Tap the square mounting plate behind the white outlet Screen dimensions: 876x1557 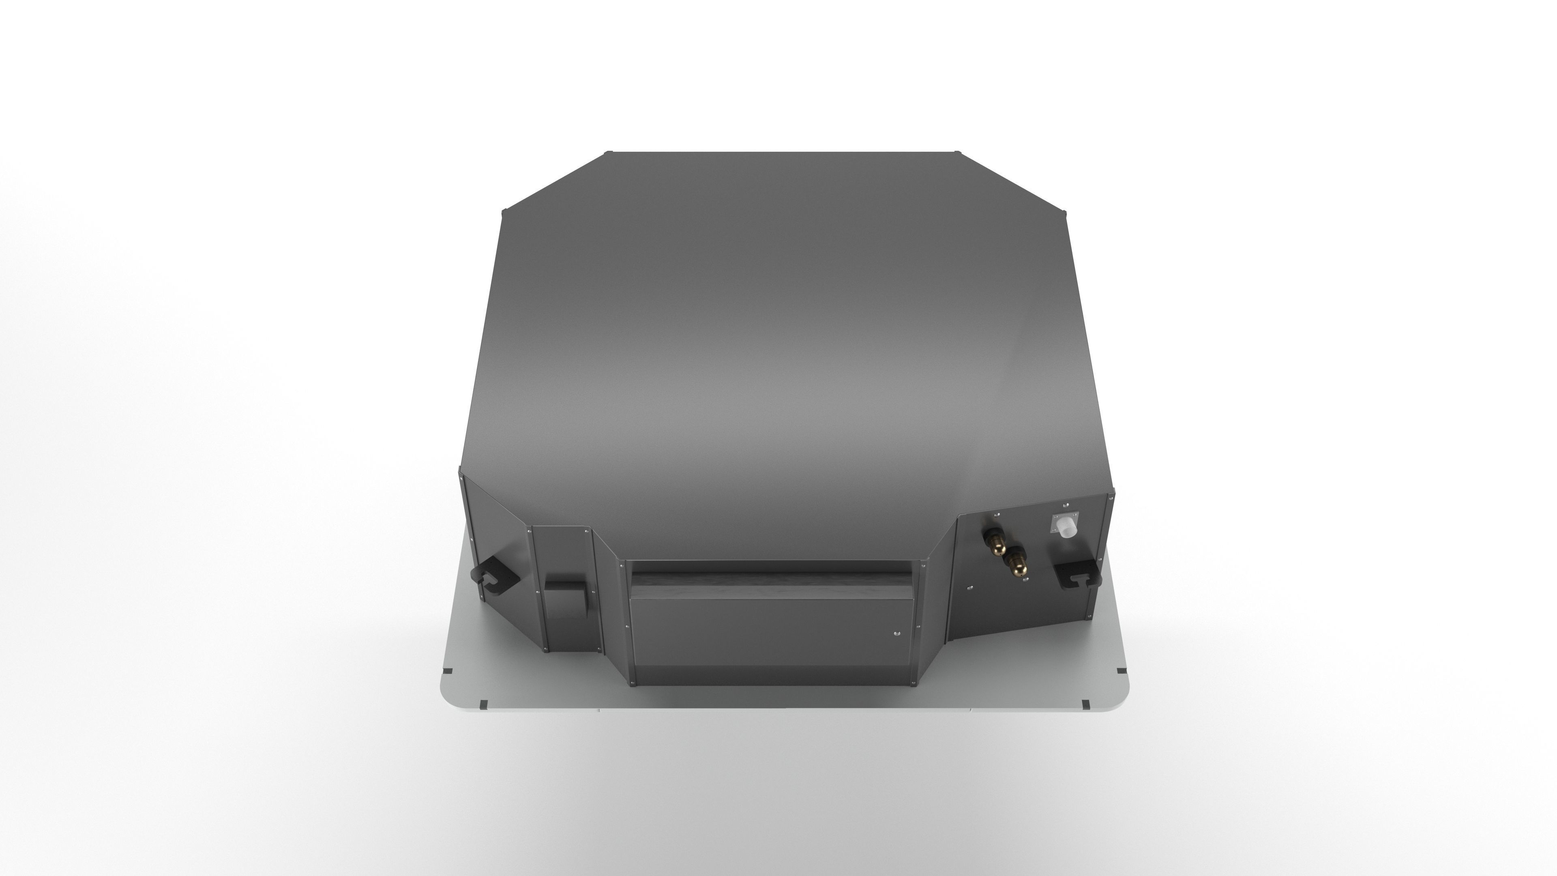click(1066, 519)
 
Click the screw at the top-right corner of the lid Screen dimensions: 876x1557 click(956, 152)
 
